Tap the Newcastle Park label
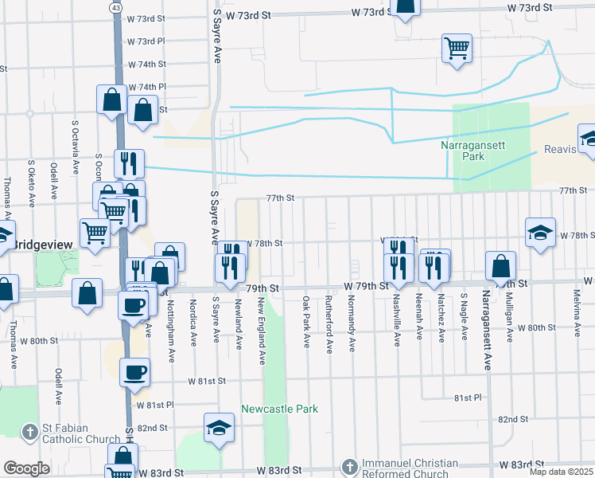coord(279,409)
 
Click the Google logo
coord(26,468)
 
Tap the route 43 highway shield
coord(116,6)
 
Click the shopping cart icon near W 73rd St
coord(457,48)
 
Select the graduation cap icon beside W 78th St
coord(540,233)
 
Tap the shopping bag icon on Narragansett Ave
coord(500,265)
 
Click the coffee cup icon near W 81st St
coord(134,371)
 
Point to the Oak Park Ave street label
coord(306,321)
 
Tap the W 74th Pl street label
coord(146,86)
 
